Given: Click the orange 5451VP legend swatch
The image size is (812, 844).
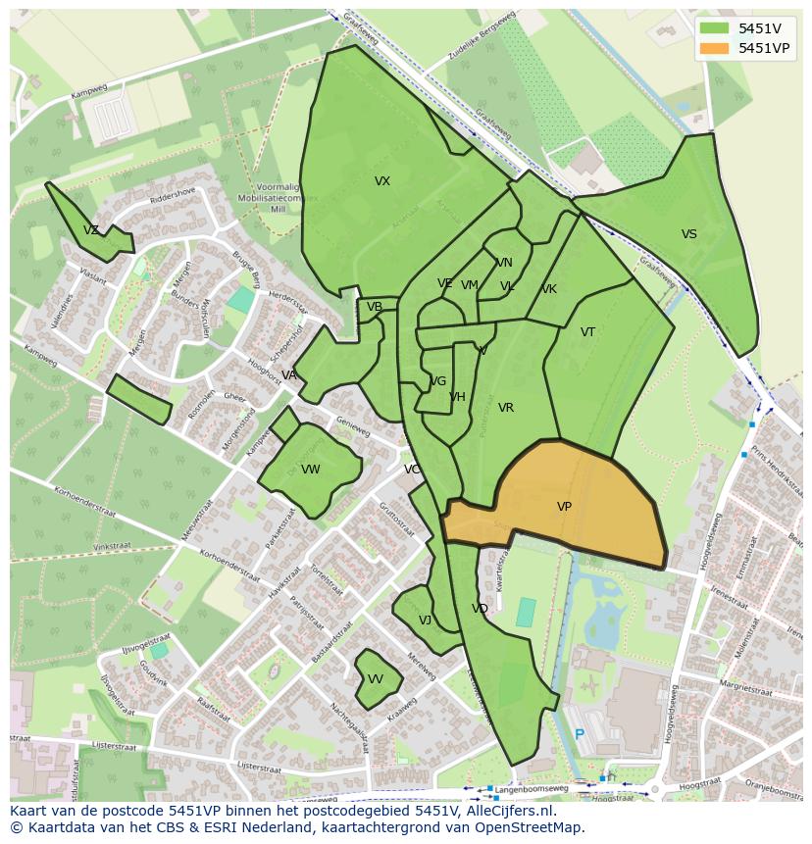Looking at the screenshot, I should click(x=715, y=48).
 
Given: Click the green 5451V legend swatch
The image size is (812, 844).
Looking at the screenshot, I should click(x=715, y=28).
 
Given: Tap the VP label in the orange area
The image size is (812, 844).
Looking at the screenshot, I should click(x=564, y=507).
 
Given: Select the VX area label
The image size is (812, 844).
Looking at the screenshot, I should click(x=382, y=181).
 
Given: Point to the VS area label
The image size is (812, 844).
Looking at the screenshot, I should click(x=689, y=234).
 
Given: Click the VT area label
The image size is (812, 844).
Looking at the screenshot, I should click(x=587, y=332).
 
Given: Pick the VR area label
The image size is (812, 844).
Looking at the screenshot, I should click(x=506, y=408).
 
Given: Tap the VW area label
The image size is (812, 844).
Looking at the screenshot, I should click(x=311, y=470).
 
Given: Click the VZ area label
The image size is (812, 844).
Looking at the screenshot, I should click(x=91, y=230).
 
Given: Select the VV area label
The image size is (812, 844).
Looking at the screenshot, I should click(x=376, y=679).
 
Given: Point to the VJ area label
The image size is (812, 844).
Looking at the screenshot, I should click(x=425, y=621).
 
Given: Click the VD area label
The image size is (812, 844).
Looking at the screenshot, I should click(x=480, y=609).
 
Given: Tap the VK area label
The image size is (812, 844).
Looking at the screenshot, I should click(x=549, y=289).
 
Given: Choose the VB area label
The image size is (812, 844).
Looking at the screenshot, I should click(x=375, y=307).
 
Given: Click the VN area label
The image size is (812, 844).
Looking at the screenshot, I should click(x=504, y=263).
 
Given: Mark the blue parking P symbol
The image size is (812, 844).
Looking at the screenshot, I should click(x=579, y=734).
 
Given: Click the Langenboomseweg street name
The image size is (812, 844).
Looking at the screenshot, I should click(x=531, y=788).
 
